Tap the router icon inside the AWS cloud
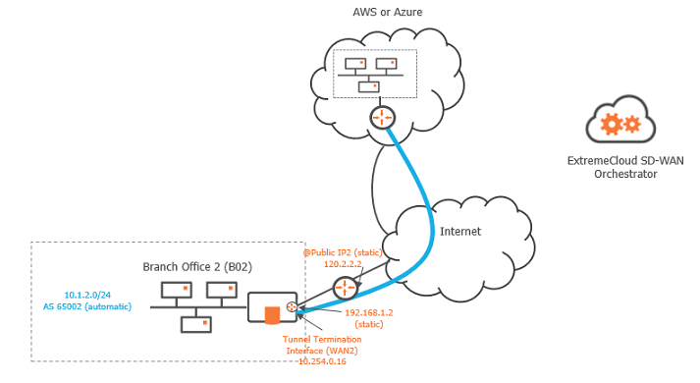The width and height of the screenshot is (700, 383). [382, 118]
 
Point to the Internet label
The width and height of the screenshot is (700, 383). [460, 233]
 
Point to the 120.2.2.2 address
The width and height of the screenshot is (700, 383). [343, 264]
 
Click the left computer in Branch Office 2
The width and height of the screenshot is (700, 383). [177, 292]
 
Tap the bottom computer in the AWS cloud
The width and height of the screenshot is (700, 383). [370, 86]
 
